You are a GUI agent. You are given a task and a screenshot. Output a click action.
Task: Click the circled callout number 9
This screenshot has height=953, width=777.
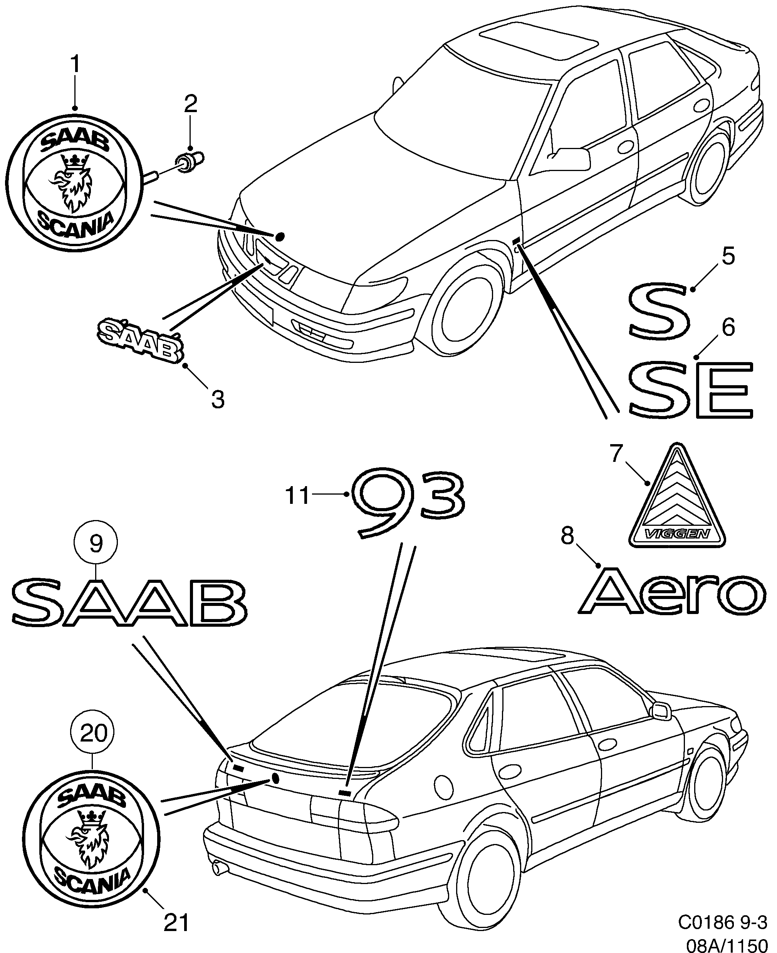96,543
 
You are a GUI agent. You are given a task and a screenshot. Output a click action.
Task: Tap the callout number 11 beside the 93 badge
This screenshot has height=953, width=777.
298,495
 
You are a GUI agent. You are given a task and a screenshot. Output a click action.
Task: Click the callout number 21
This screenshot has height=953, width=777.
176,922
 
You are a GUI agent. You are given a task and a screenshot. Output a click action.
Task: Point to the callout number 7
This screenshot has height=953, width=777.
617,454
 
